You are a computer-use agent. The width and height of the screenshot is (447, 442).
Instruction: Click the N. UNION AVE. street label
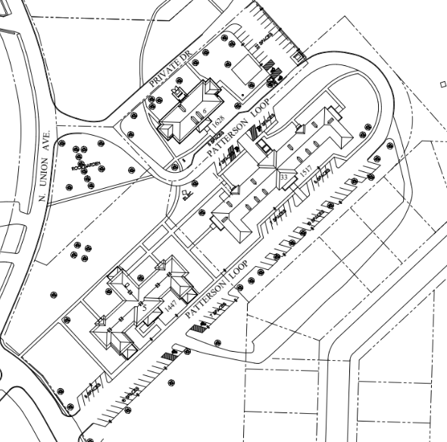[45, 168]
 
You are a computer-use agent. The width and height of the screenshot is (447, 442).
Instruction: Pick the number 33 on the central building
[284, 177]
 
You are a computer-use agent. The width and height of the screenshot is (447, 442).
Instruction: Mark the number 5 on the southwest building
[143, 309]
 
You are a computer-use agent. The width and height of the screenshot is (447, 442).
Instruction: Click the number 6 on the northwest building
[205, 111]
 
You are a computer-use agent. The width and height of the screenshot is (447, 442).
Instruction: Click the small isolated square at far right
[442, 85]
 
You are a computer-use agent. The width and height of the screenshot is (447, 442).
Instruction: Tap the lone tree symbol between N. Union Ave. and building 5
[52, 293]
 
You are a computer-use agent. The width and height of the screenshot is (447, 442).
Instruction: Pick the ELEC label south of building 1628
[186, 195]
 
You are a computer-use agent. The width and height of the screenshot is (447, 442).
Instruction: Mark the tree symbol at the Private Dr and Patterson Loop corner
[175, 166]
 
